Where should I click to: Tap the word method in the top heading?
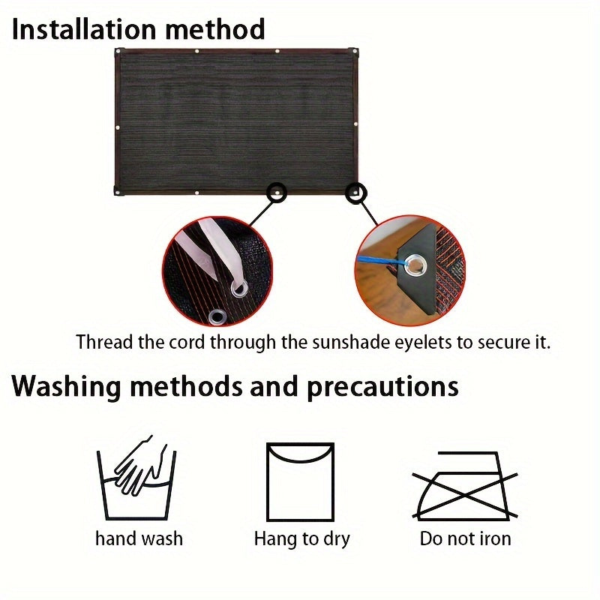point(215,29)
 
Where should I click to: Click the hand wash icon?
point(136,478)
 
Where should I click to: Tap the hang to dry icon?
point(301,482)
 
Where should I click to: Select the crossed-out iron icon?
point(465,486)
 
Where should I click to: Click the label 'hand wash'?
point(139,538)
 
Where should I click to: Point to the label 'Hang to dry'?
point(302,539)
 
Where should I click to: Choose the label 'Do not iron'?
point(465,538)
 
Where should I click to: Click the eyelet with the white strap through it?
point(238,288)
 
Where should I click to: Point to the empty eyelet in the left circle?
point(217,317)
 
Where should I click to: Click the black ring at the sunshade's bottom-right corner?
point(355,193)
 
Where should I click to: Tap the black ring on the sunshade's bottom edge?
point(277,191)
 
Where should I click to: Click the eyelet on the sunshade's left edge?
point(118,127)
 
